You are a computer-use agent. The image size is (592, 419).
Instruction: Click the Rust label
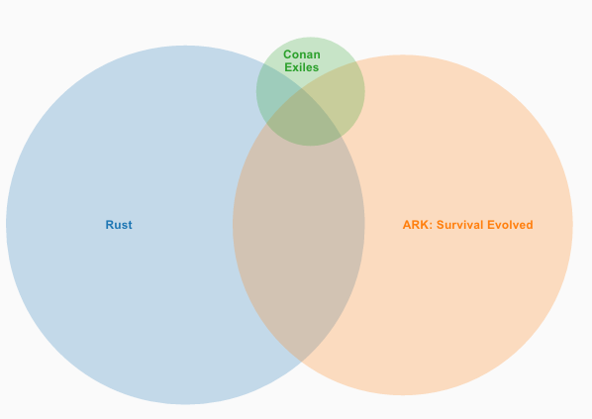[x=119, y=225]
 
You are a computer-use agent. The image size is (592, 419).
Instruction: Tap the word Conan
[x=302, y=54]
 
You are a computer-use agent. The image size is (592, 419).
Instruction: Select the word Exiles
[x=302, y=67]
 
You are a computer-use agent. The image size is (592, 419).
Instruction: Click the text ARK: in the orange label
[x=418, y=225]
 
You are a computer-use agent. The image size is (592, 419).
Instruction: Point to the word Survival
[x=460, y=225]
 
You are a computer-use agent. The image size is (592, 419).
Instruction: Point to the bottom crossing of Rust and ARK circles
[x=302, y=362]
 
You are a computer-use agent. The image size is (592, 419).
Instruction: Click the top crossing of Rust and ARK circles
[x=302, y=89]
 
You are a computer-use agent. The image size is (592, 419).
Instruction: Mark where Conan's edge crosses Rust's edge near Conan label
[x=263, y=63]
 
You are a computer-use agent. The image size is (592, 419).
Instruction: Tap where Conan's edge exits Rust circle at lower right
[x=342, y=136]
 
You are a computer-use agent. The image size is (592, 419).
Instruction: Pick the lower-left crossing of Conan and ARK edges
[x=266, y=123]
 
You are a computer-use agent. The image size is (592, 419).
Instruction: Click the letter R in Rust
[x=110, y=225]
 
